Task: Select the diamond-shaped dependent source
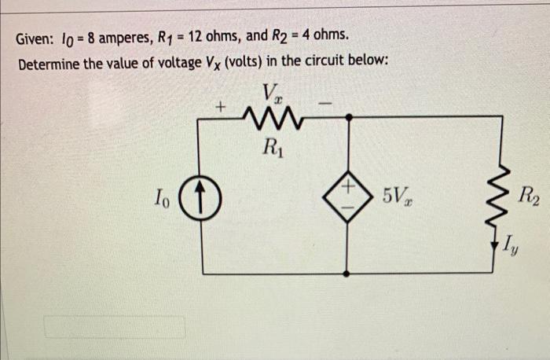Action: click(347, 194)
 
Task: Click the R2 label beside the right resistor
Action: click(529, 195)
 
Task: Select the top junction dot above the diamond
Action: click(347, 116)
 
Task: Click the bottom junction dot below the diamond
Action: click(347, 274)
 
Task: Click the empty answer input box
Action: click(115, 327)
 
